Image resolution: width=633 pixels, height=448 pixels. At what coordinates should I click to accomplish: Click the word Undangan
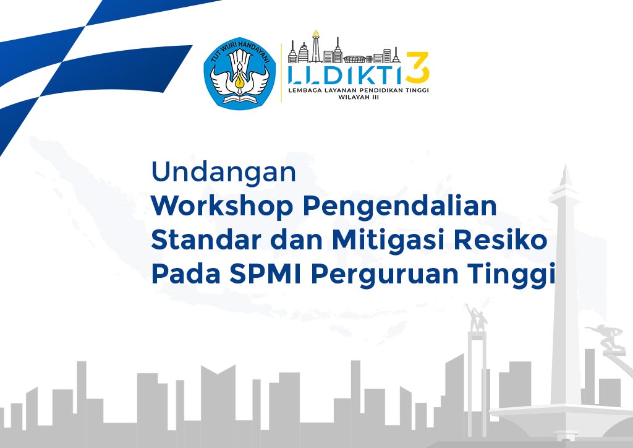click(224, 173)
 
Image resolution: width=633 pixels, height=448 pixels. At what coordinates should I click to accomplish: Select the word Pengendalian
click(399, 207)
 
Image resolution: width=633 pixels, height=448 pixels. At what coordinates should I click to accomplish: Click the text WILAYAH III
click(359, 97)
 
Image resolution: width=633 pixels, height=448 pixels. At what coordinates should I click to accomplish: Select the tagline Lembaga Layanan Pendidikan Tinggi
click(359, 90)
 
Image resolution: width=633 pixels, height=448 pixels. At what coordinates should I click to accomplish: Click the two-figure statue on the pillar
click(476, 316)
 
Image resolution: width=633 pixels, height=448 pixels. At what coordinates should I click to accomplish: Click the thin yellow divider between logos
click(283, 72)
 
